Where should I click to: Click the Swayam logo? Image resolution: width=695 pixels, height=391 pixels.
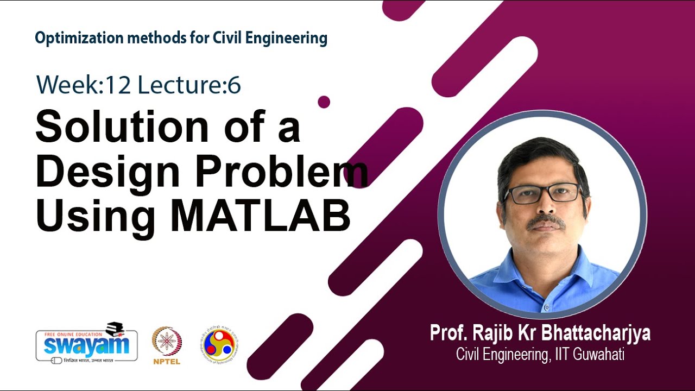point(87,344)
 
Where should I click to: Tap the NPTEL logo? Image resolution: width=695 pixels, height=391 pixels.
point(167,345)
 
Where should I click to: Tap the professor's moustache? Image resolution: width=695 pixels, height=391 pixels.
point(545,221)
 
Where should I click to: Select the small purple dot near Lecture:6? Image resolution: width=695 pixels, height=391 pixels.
point(324,102)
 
